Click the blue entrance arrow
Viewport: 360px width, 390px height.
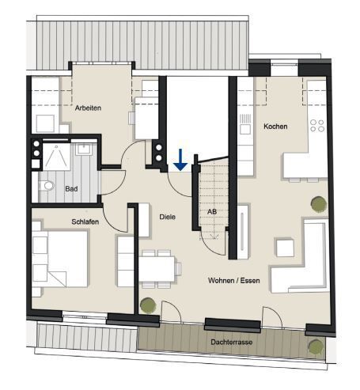(180, 160)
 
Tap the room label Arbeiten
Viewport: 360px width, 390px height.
(88, 108)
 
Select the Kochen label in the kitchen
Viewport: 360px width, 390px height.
(275, 127)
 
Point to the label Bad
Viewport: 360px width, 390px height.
(71, 189)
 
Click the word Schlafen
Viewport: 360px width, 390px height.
(85, 222)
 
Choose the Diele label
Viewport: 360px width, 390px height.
(168, 217)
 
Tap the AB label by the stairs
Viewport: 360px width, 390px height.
(212, 211)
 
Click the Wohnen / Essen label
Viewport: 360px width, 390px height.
(234, 280)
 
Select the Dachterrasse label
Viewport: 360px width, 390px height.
(232, 342)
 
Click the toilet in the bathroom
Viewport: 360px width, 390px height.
(47, 185)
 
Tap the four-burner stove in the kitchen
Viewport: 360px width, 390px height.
(317, 126)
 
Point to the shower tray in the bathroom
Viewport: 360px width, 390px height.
(57, 157)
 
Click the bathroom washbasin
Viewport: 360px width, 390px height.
(84, 150)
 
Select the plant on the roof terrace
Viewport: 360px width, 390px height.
(316, 347)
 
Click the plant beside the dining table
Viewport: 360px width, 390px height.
(148, 305)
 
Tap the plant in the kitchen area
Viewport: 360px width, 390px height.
(319, 204)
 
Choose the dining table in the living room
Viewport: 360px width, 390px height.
(157, 269)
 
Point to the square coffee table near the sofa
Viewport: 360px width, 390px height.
(285, 248)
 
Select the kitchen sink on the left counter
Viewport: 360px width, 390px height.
(245, 129)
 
